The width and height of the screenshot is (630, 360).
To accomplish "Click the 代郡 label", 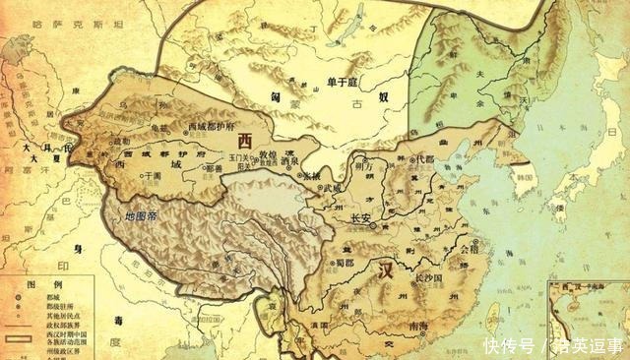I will click(x=423, y=158).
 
